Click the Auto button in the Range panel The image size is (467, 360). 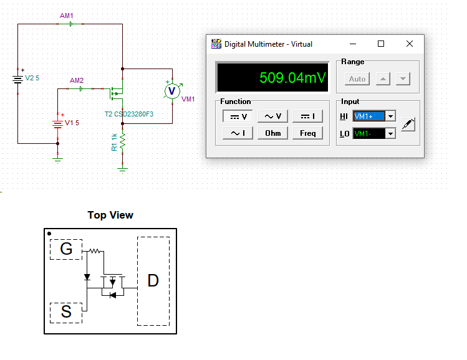pos(357,79)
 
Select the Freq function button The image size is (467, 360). pos(308,133)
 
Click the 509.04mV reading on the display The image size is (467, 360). pos(292,78)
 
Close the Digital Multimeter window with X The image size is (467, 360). pos(410,44)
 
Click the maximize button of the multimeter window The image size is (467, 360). pos(381,44)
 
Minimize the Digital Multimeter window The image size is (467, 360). pos(353,44)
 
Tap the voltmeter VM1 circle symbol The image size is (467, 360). pos(171,91)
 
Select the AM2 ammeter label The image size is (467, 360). pos(77,80)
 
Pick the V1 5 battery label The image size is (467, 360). pos(72,123)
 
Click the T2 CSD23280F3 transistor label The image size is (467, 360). pos(129,114)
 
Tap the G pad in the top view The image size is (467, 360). pos(66,249)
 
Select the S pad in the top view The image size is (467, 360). pos(66,312)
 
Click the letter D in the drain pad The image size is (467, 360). pos(153,281)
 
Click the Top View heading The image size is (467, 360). pos(110,215)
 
